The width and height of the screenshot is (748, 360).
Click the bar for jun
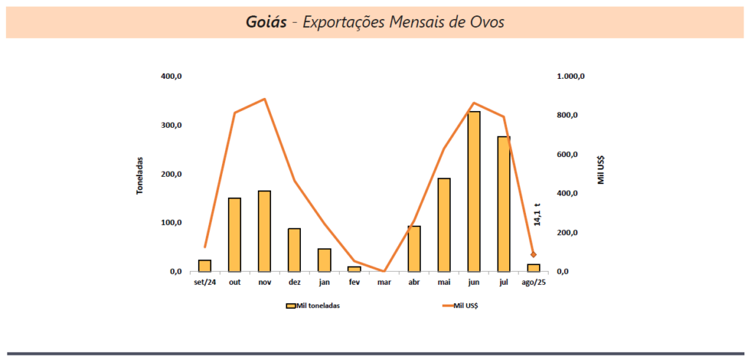click(x=474, y=191)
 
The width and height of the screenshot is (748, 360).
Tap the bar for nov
click(x=264, y=231)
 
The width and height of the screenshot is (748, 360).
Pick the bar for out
click(x=234, y=234)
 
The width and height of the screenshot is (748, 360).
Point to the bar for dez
click(x=294, y=250)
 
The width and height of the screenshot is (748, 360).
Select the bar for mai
click(x=444, y=224)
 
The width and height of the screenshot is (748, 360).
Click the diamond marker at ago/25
click(x=534, y=255)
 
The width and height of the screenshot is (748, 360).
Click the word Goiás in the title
click(x=266, y=22)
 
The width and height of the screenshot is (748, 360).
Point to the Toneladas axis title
click(x=140, y=175)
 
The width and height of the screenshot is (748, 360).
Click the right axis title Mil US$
click(x=600, y=169)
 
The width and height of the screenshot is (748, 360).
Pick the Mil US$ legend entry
click(x=460, y=306)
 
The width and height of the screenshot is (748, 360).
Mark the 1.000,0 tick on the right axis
click(x=571, y=77)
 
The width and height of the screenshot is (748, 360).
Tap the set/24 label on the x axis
click(x=205, y=282)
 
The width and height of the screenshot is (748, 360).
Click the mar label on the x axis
click(x=384, y=282)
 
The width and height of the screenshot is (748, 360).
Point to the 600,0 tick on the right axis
click(x=568, y=155)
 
